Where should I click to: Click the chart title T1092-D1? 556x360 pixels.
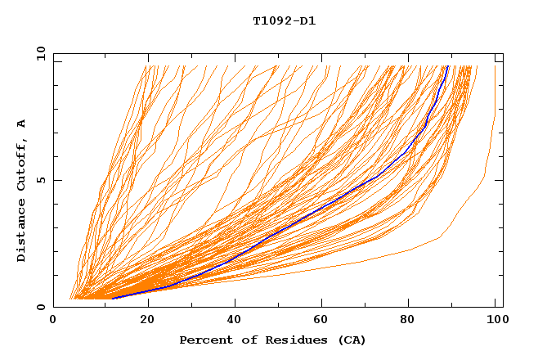[x=284, y=20]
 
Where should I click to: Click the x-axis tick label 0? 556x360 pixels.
[x=53, y=321]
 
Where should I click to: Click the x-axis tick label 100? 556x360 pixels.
[x=495, y=321]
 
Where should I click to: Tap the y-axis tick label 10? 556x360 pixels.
[x=39, y=53]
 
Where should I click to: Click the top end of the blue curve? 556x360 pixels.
[x=448, y=65]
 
